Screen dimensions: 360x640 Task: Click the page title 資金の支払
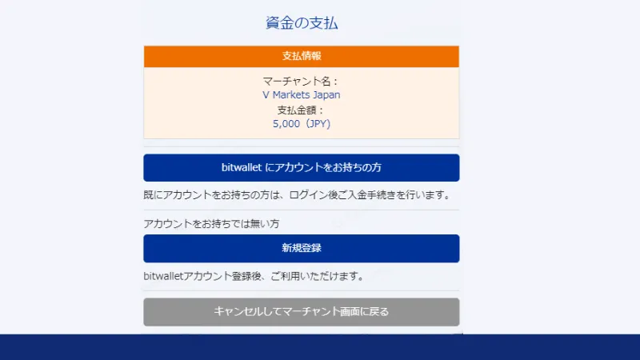[x=302, y=22]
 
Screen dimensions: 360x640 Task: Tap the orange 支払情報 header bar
[x=302, y=57]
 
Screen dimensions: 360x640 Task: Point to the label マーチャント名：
[x=302, y=81]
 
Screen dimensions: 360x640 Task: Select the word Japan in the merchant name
[x=326, y=94]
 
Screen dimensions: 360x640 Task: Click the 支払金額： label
[x=302, y=110]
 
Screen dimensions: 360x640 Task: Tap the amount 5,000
[x=286, y=124]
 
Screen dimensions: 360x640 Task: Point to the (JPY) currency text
[x=316, y=124]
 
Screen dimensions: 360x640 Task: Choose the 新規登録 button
[x=302, y=248]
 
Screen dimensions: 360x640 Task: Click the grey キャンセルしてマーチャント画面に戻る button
[x=302, y=312]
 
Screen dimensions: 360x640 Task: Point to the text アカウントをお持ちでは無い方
[x=211, y=223]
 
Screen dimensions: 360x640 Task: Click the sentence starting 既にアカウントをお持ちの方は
[x=297, y=194]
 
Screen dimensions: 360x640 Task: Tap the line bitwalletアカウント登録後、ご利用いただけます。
[x=254, y=277]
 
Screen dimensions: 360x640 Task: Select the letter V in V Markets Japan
[x=266, y=94]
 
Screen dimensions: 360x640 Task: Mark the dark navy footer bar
[x=320, y=347]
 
